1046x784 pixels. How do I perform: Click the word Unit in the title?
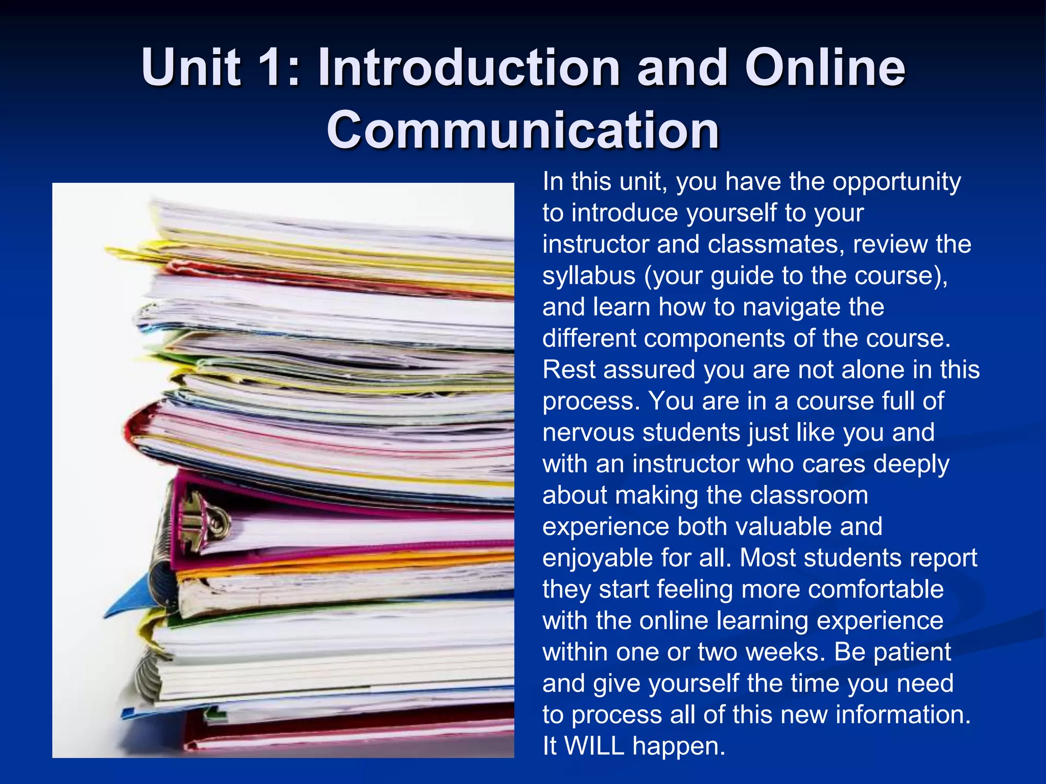191,67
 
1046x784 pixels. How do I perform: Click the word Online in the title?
825,67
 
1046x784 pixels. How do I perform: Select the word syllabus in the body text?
589,276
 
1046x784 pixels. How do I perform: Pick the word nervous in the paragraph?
588,432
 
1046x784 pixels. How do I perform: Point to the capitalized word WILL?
595,746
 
